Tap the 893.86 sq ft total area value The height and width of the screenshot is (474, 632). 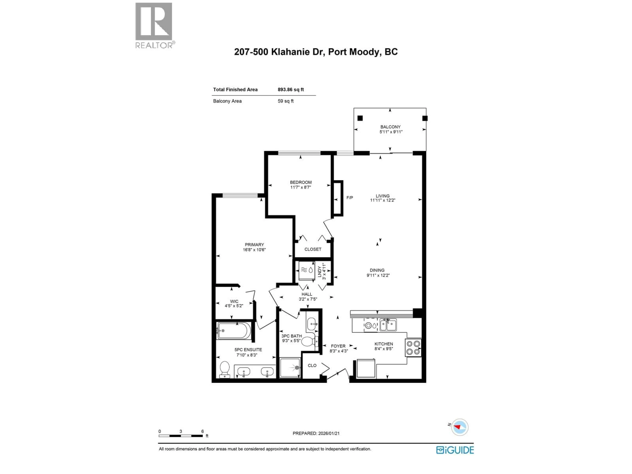pos(290,89)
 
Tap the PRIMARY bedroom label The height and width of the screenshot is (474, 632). pos(254,245)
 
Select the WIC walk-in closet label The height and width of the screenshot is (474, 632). pos(234,301)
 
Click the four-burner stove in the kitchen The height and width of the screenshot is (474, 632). pos(413,348)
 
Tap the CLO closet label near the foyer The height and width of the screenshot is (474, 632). pos(312,365)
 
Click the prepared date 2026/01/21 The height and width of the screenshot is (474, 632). pos(316,433)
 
